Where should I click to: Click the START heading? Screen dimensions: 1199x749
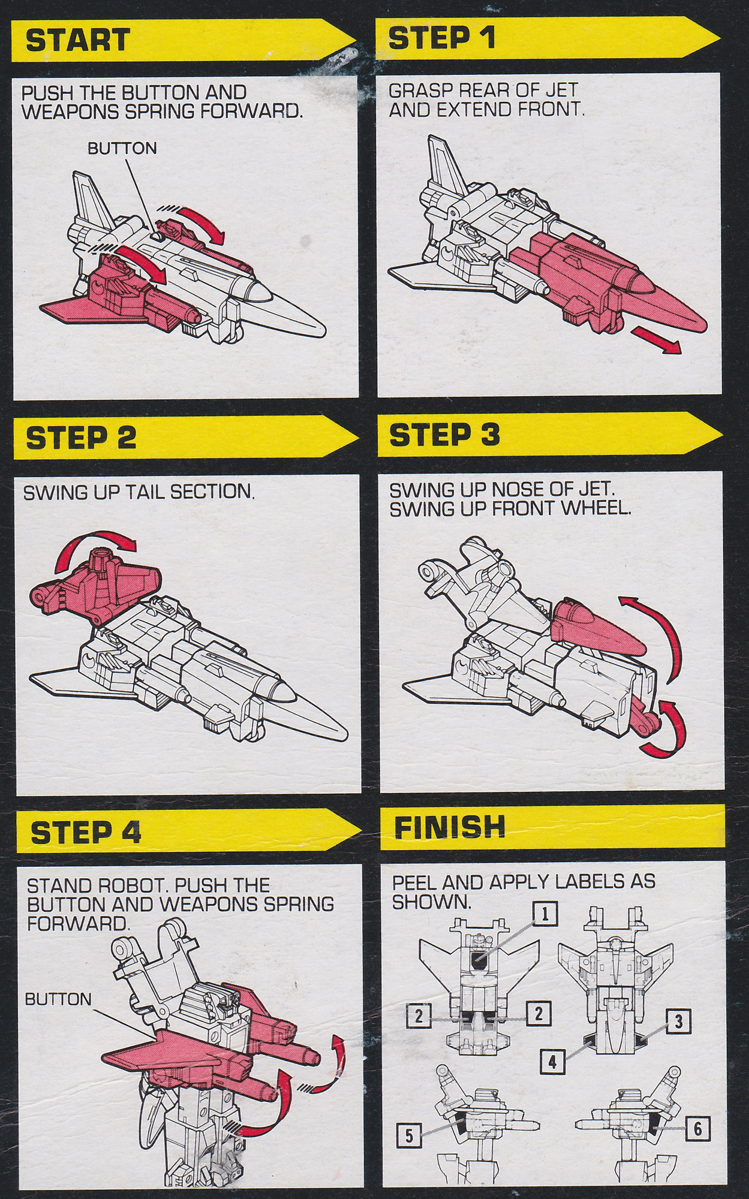click(x=77, y=40)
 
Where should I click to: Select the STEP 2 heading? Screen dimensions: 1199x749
click(x=81, y=438)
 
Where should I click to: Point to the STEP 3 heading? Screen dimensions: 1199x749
click(x=444, y=435)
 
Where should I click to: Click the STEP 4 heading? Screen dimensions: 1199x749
click(x=86, y=832)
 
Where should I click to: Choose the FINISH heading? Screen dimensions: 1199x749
click(x=449, y=827)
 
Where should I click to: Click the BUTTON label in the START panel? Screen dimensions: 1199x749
click(x=122, y=148)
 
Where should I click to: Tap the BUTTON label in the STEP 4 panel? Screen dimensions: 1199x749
click(x=58, y=999)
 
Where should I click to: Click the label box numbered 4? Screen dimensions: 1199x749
click(x=552, y=1062)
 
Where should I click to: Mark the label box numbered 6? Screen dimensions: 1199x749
click(x=697, y=1129)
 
